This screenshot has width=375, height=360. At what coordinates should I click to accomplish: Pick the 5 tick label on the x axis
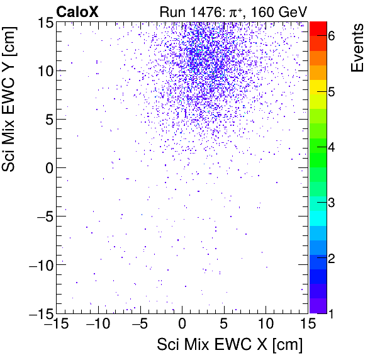(x=224, y=324)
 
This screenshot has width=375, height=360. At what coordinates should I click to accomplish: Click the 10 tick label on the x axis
(x=266, y=324)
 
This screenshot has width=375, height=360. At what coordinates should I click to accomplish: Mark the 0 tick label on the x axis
(x=182, y=324)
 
